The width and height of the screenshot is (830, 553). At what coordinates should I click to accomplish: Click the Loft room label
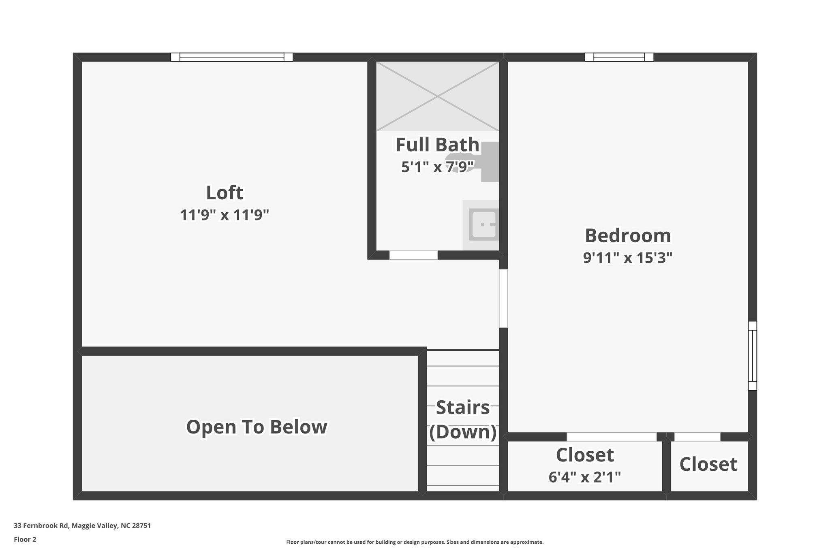[x=225, y=193]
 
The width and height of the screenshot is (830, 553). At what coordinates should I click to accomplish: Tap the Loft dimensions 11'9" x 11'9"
[x=225, y=215]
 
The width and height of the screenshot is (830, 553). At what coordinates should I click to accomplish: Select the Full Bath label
[x=437, y=145]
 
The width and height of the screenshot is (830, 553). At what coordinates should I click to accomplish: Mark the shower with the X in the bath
[x=437, y=96]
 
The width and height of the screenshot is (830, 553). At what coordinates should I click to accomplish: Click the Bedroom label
[x=627, y=235]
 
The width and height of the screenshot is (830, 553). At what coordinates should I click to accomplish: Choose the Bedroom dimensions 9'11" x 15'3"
[x=627, y=258]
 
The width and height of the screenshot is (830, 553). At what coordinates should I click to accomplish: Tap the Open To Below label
[x=257, y=427]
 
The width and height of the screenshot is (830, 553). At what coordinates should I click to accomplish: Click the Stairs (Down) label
[x=463, y=420]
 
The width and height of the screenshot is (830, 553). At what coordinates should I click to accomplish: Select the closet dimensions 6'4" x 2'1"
[x=584, y=477]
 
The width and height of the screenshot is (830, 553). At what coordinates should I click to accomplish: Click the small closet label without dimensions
[x=708, y=464]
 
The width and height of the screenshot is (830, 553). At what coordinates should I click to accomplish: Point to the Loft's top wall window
[x=232, y=57]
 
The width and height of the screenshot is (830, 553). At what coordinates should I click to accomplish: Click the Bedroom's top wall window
[x=619, y=57]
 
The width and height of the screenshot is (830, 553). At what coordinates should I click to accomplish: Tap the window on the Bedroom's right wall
[x=752, y=356]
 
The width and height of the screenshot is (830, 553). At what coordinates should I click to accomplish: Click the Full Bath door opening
[x=413, y=255]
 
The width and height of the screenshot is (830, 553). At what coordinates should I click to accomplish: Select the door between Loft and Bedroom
[x=503, y=298]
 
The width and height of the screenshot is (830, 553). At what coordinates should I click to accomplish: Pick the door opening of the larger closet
[x=611, y=437]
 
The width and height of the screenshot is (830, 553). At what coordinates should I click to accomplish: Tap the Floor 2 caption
[x=25, y=539]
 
